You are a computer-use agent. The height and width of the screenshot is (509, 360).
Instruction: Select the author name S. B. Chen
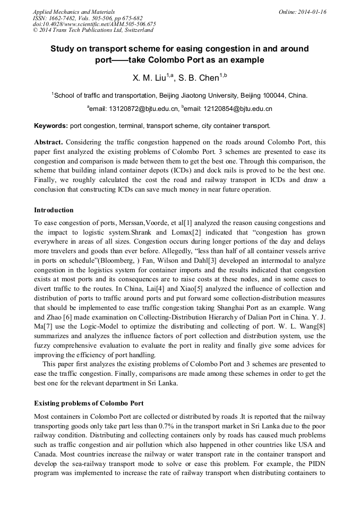[203, 78]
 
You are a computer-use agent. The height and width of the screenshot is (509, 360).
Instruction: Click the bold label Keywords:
[51, 126]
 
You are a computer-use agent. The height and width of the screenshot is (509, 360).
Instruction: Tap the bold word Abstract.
[49, 142]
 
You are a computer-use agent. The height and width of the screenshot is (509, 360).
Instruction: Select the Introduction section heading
[54, 210]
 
